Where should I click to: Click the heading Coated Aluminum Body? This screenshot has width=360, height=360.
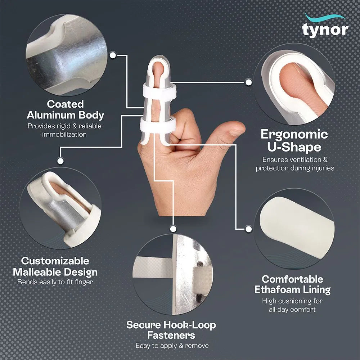(x=65, y=110)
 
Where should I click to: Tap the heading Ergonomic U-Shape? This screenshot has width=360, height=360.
(x=294, y=141)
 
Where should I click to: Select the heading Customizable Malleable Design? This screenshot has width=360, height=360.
(x=59, y=266)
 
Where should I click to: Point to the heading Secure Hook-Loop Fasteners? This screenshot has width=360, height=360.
(x=171, y=330)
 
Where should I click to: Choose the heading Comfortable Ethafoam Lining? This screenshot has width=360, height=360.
(x=292, y=284)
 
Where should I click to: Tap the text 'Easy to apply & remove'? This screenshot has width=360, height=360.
(x=172, y=346)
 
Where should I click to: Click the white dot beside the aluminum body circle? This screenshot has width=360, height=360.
(x=113, y=55)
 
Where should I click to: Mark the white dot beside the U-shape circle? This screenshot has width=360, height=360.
(x=248, y=82)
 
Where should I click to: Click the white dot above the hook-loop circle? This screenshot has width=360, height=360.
(x=173, y=228)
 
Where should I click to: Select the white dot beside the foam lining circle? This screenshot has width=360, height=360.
(x=248, y=229)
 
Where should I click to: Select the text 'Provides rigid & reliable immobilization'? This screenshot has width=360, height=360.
(x=65, y=130)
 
